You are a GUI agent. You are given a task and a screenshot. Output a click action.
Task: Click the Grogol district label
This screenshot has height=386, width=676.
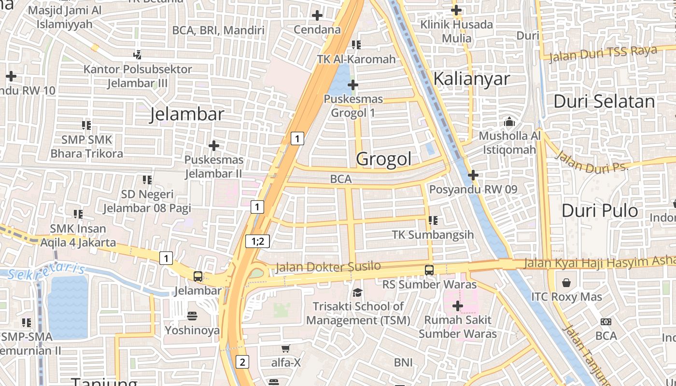[x=384, y=159]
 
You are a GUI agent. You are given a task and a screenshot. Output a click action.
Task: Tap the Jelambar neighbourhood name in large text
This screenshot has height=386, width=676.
[x=187, y=114]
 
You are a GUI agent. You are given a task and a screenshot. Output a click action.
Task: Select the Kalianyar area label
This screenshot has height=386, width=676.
[x=471, y=79]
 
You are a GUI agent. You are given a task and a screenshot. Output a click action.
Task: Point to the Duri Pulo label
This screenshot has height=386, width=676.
[x=600, y=211]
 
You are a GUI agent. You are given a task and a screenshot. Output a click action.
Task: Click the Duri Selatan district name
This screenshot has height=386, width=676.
[x=604, y=102]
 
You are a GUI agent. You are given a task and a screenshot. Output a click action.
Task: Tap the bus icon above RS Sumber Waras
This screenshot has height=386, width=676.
[x=429, y=270]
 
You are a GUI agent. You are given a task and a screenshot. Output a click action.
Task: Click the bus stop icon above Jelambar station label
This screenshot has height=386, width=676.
[x=198, y=276]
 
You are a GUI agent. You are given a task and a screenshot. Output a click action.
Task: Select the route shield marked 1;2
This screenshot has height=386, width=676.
[x=257, y=241]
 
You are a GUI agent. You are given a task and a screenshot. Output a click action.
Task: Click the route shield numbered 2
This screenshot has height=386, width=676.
[x=242, y=361]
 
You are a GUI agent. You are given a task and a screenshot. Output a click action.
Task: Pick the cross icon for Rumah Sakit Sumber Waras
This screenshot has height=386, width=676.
[x=457, y=306]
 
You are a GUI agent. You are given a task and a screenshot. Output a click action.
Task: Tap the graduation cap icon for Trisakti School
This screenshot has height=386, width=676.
[x=357, y=292]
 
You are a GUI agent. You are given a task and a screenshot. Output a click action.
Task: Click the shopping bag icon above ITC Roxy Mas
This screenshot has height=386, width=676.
[x=566, y=282]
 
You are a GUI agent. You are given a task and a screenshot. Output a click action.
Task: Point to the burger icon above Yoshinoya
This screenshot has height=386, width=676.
[x=192, y=316]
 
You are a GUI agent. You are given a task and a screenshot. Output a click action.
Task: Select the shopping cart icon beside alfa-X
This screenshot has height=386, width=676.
[x=285, y=348]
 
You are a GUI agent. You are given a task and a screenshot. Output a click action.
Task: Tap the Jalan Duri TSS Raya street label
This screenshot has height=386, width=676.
[x=603, y=54]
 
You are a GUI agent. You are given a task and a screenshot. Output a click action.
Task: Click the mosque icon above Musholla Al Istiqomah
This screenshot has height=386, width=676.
[x=509, y=122]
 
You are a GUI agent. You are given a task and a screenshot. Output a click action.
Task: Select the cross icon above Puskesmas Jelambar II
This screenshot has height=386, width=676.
[x=213, y=145]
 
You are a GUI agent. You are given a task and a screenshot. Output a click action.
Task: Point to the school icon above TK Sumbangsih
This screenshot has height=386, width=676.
[x=433, y=221]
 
